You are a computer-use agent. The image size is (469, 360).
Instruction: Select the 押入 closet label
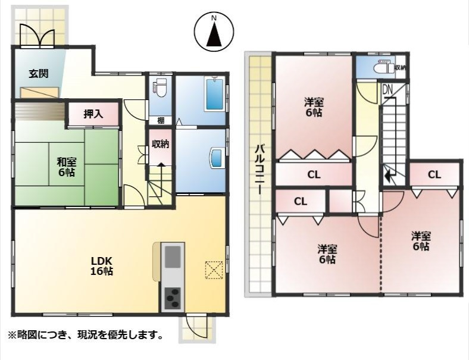[93, 114]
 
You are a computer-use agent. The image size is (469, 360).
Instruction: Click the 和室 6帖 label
[65, 167]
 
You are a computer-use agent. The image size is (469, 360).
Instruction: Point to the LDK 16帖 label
[102, 265]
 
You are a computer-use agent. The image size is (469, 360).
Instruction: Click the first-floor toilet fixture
[159, 89]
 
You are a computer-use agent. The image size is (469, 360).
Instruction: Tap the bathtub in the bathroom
[214, 94]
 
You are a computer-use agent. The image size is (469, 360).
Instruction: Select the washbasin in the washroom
[217, 158]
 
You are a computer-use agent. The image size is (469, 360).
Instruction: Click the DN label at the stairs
[387, 90]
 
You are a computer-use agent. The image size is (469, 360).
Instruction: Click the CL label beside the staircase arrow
[434, 174]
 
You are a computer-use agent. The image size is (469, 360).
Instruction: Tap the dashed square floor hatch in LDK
[213, 270]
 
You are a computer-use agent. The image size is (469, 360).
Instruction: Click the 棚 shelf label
[161, 121]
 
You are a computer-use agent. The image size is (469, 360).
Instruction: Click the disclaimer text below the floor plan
[85, 336]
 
